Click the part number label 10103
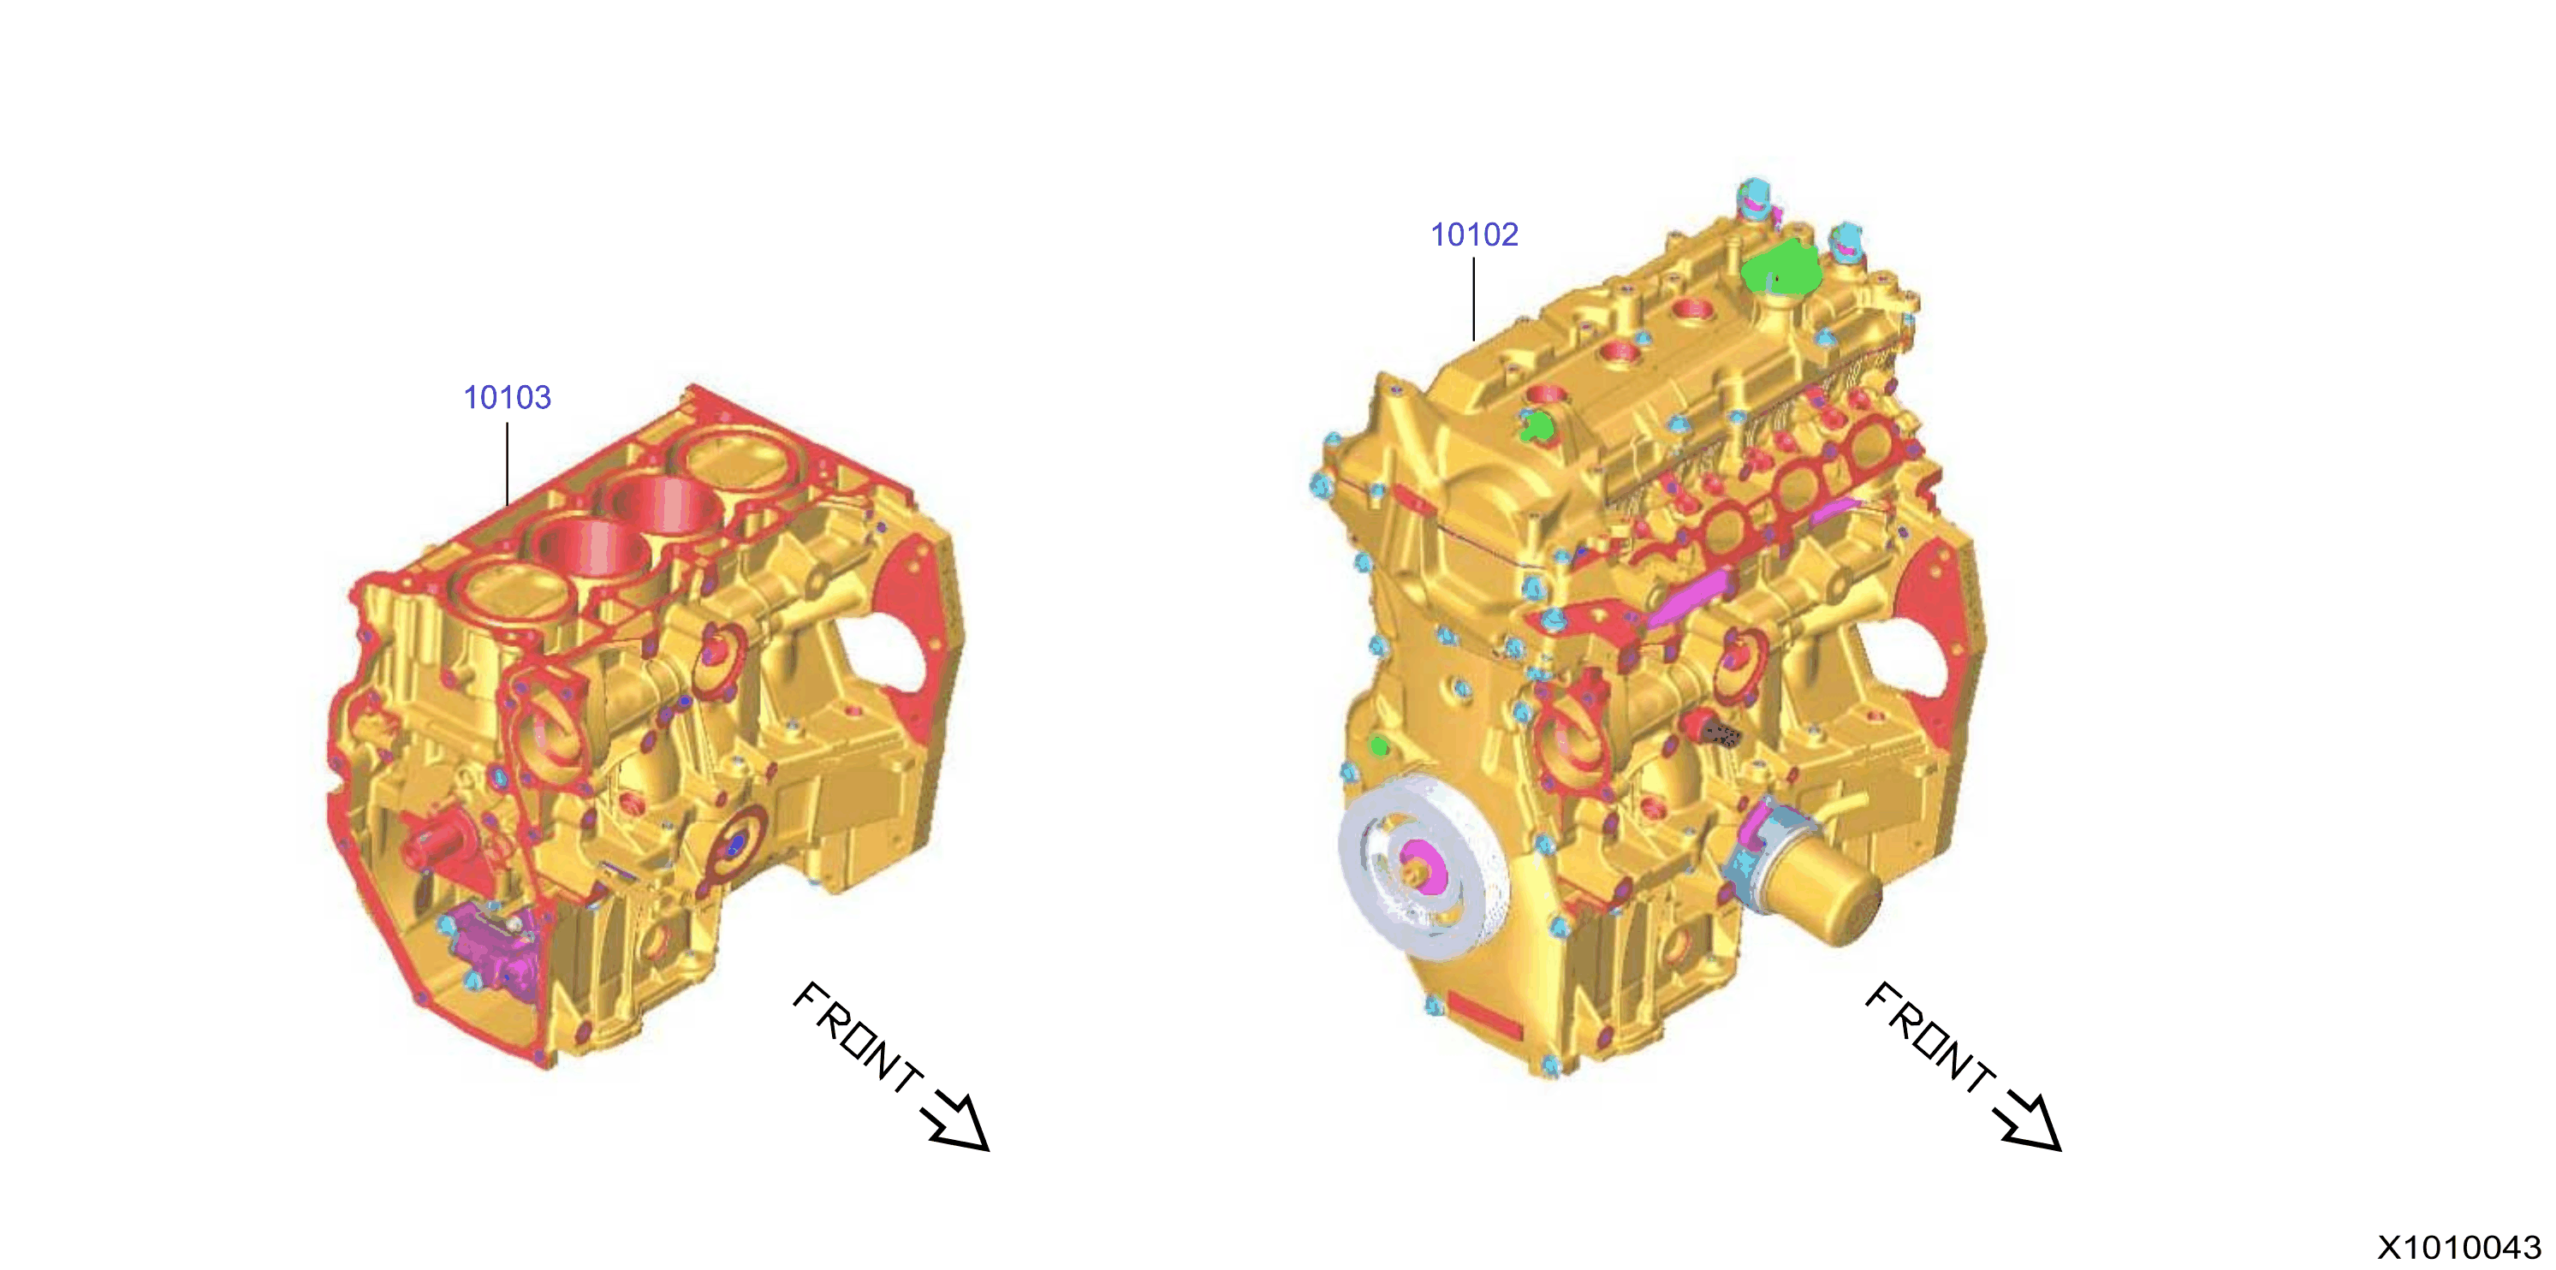(x=507, y=398)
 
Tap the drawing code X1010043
(x=2458, y=1247)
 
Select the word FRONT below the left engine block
(x=858, y=1037)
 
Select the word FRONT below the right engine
(x=1929, y=1037)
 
